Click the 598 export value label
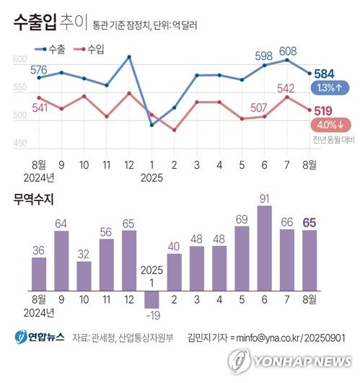point(263,56)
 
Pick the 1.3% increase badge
point(329,88)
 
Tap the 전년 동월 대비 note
point(330,138)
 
